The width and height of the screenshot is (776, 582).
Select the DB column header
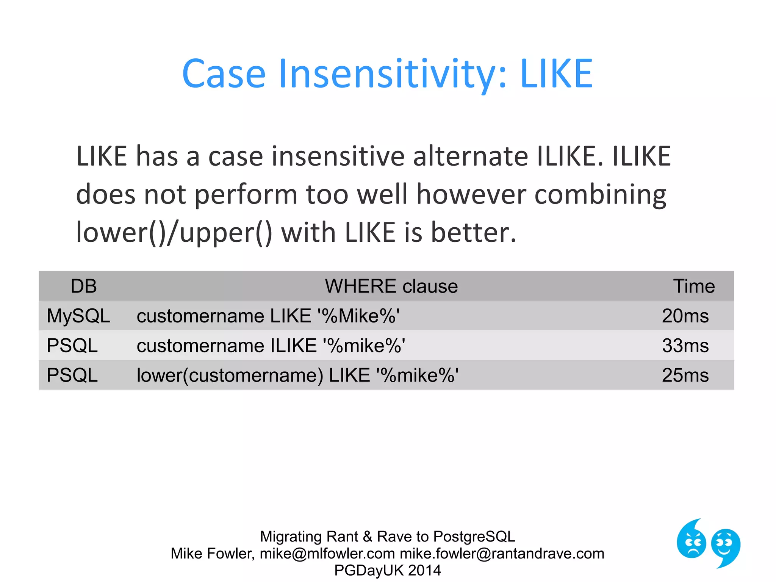pos(84,286)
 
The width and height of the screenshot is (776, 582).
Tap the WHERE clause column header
pos(391,286)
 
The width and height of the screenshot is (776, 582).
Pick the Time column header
pos(694,286)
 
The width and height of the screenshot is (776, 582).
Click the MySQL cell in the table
pos(78,316)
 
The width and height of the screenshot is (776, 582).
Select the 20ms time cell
pos(685,316)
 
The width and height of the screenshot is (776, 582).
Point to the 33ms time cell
pos(685,346)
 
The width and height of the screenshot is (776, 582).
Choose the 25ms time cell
pos(685,375)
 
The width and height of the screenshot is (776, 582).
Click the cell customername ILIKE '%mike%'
pos(271,346)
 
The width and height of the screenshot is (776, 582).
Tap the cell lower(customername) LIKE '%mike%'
pos(297,375)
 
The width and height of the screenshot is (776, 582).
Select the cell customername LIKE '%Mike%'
pos(268,316)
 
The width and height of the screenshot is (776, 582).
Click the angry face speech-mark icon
pos(692,540)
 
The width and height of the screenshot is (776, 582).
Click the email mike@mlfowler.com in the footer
pos(327,554)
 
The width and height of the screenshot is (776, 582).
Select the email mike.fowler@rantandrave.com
pos(502,554)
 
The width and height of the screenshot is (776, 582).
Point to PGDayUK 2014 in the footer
pos(388,570)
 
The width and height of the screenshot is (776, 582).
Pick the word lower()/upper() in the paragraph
pos(174,232)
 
